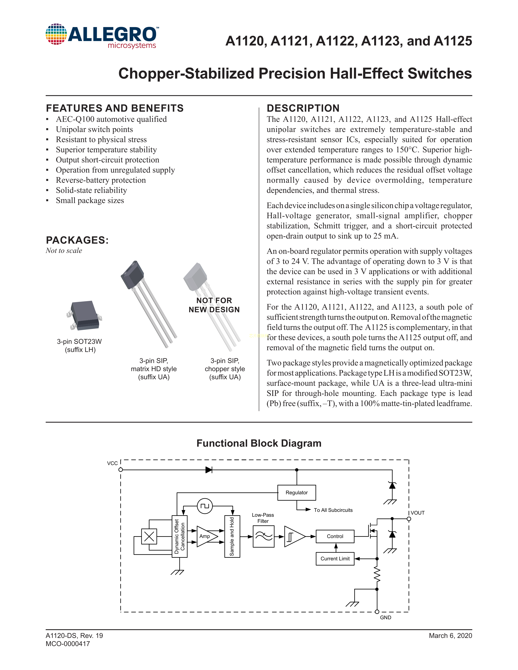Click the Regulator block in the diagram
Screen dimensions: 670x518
296,492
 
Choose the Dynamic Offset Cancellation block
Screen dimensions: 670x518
180,536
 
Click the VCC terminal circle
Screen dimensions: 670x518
121,470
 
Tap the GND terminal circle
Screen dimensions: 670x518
377,612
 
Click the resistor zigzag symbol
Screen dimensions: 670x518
377,574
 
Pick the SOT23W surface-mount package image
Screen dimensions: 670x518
83,316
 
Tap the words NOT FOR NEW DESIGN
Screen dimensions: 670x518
214,305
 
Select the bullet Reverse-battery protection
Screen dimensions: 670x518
101,180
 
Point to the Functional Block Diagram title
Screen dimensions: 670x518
259,443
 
